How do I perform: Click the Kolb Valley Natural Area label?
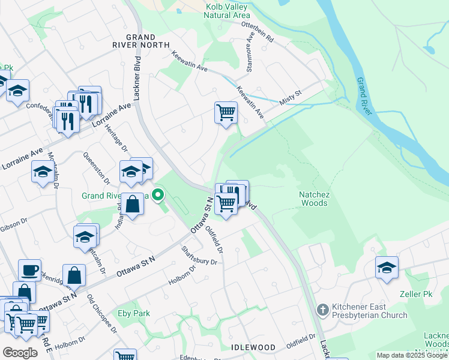coord(228,11)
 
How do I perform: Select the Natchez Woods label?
coord(314,199)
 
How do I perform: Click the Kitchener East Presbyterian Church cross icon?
coord(323,309)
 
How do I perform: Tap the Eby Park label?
coord(133,313)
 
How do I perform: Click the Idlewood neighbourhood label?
coord(253,347)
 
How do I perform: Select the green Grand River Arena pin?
coord(158,195)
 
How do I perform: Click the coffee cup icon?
coord(29,271)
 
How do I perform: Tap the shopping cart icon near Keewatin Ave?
coord(226,112)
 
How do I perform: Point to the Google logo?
coord(20,353)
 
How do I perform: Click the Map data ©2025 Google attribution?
coord(411,355)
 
